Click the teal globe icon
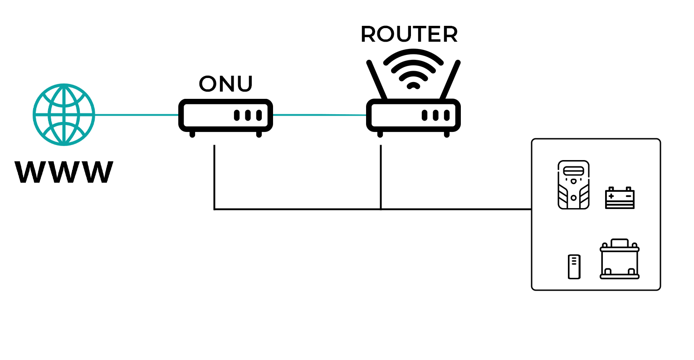[x=64, y=115]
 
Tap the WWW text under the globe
[x=64, y=172]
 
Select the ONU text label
[x=225, y=84]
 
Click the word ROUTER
[x=409, y=34]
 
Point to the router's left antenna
[x=377, y=79]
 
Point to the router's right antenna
[x=450, y=79]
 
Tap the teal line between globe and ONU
[x=136, y=115]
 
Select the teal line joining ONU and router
[x=320, y=115]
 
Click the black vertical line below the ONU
[x=214, y=177]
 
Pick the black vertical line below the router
[x=381, y=177]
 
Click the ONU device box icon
[x=225, y=115]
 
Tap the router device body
[x=413, y=115]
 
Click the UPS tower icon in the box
[x=573, y=185]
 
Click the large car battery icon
[x=620, y=261]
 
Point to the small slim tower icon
[x=574, y=267]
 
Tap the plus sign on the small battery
[x=611, y=196]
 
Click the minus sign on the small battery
[x=628, y=196]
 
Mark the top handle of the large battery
[x=620, y=243]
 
